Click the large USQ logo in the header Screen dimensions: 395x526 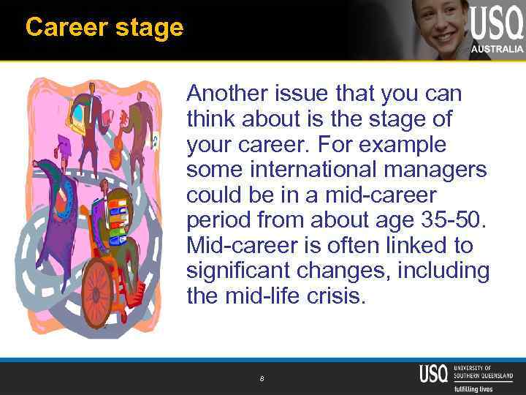[x=497, y=23]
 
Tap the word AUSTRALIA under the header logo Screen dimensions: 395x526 [x=498, y=49]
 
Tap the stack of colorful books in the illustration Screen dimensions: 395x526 [x=117, y=219]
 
